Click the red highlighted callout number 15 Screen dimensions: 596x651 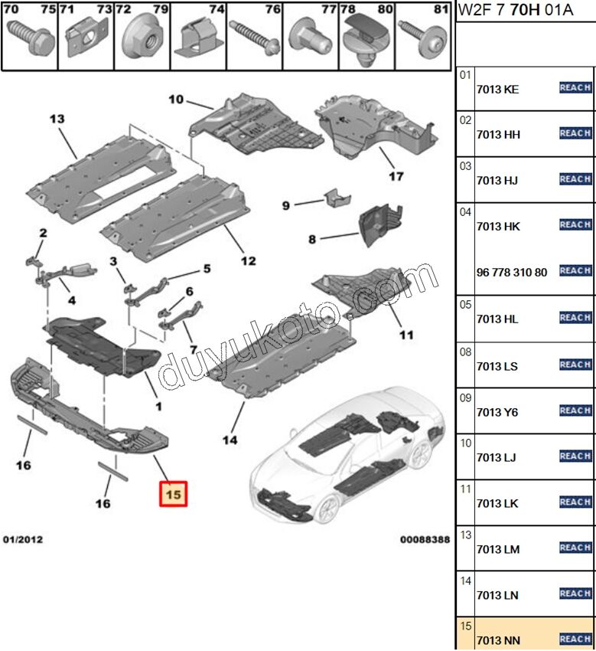[174, 494]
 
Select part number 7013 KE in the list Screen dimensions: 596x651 [498, 90]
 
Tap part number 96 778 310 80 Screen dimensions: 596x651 [512, 273]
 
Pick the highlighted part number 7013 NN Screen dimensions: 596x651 [499, 640]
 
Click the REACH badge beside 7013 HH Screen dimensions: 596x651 [575, 133]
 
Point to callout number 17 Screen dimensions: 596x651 [396, 176]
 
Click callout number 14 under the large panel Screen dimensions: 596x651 [230, 440]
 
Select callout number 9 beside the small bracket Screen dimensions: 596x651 [286, 205]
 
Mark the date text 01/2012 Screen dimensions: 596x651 [23, 539]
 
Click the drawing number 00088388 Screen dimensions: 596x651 [425, 539]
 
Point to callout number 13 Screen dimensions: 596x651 [57, 119]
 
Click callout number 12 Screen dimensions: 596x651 [249, 260]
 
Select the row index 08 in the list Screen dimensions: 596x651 [466, 352]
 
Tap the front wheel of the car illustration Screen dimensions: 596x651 [327, 509]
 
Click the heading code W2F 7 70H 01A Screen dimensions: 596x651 [516, 10]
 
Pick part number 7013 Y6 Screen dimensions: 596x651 [497, 412]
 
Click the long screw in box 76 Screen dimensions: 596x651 [254, 38]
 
